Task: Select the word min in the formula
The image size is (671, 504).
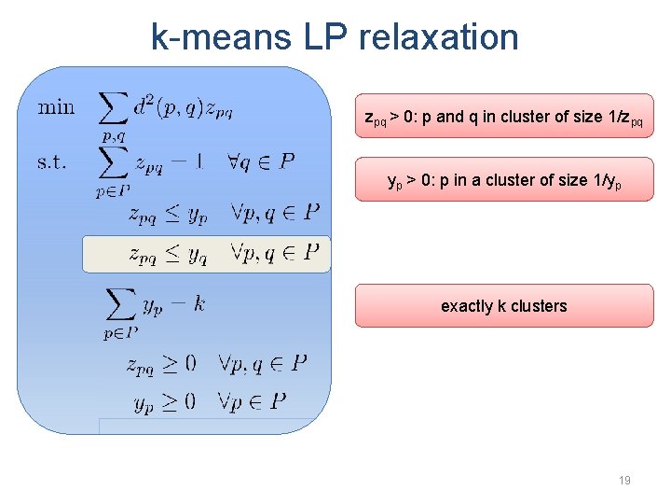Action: click(x=56, y=107)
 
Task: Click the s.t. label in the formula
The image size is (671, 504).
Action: click(x=52, y=162)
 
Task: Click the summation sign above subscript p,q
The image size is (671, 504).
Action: click(x=113, y=110)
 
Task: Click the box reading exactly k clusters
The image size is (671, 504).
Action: click(x=503, y=306)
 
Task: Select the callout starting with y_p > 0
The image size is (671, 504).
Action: click(x=503, y=180)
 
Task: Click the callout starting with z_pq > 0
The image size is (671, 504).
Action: click(x=503, y=117)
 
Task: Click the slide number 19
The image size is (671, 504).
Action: click(x=624, y=481)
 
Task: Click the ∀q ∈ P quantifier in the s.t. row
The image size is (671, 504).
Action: click(x=260, y=161)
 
